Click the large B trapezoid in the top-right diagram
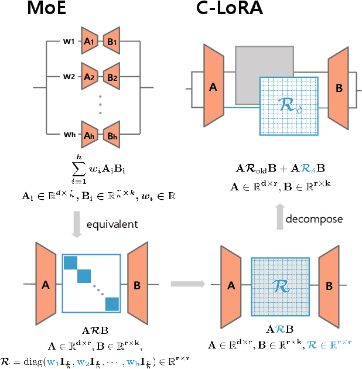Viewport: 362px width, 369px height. click(x=339, y=87)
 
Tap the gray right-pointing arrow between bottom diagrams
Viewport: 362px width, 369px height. click(x=187, y=284)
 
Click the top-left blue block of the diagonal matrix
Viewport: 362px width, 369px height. click(x=70, y=262)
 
